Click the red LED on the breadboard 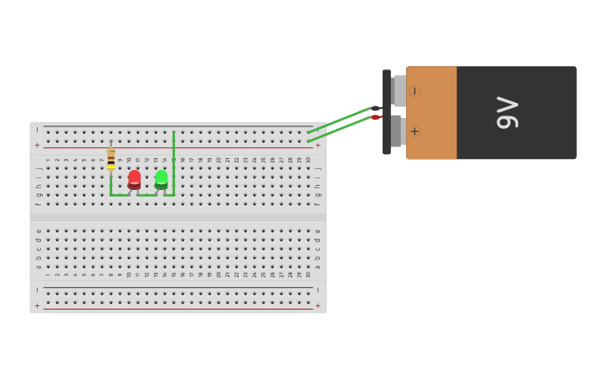[134, 179]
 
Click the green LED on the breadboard [161, 179]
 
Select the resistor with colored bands [111, 158]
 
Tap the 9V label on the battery [508, 113]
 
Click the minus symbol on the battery [414, 90]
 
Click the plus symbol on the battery [414, 131]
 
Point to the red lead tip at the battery [376, 118]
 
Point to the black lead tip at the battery [376, 108]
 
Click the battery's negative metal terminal [399, 90]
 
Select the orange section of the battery [432, 113]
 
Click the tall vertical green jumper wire [173, 163]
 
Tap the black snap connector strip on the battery [387, 112]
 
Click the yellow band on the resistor [111, 166]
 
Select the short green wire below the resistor [111, 186]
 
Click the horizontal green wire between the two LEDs [147, 195]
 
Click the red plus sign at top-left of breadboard [37, 146]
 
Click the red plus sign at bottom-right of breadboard [317, 305]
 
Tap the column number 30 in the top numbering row [308, 160]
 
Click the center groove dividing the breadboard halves [177, 217]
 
